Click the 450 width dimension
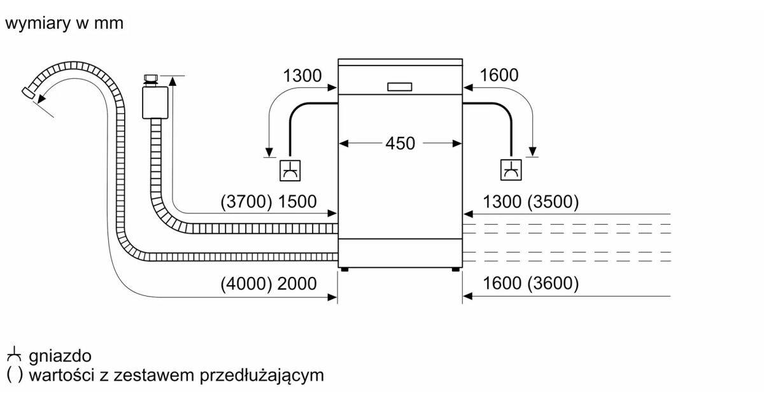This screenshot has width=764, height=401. pos(400,143)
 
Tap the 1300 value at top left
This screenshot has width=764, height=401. pos(302,76)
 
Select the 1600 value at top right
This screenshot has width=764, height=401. pos(499,75)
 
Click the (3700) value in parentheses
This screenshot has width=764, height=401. pos(246,202)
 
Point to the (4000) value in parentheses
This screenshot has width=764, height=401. pos(246,284)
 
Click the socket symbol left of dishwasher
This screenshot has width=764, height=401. pos(291,170)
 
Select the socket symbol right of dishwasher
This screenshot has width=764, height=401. pos(511,170)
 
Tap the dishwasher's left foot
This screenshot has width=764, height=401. pos(344,270)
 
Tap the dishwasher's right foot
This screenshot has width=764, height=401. pos(456,270)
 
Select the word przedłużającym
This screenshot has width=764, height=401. pos(262,375)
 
